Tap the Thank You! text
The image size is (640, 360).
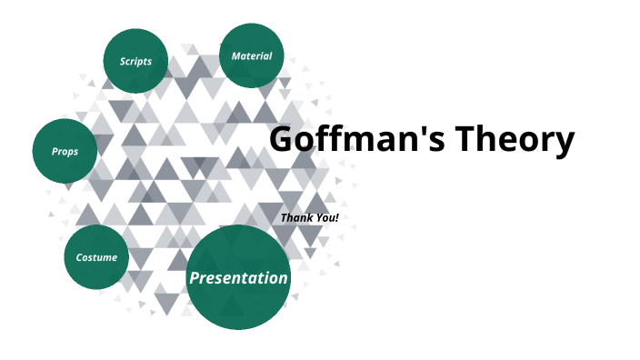pos(309,218)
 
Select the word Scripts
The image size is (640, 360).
pos(135,62)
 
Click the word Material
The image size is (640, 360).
pos(252,56)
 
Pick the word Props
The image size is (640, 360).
pos(65,152)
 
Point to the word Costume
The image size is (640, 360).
pos(96,258)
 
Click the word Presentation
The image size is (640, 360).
pos(238,278)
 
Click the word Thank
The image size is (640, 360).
pos(297,218)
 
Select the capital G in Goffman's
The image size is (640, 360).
pos(283,140)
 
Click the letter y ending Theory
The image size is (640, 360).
pos(564,145)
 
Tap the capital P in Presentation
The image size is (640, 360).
pos(195,278)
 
